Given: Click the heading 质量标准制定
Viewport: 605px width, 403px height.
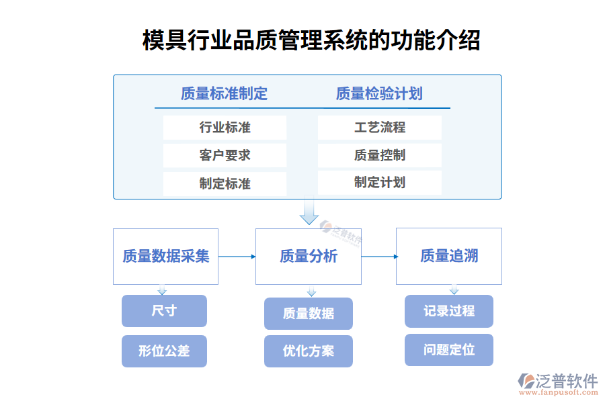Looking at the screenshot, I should pos(224,94).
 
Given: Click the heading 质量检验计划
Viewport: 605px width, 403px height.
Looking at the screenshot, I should pos(379,94).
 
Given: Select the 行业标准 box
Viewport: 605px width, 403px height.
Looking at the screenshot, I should pos(225,128).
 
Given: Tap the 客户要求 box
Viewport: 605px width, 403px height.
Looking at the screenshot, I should pos(225,155).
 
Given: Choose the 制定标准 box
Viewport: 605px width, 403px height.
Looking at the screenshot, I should pos(225,183).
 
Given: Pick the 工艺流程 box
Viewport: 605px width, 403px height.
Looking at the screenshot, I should pos(380,128).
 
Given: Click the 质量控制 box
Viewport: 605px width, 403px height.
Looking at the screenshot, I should pos(380,155).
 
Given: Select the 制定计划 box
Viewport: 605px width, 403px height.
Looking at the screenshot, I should pos(380,183).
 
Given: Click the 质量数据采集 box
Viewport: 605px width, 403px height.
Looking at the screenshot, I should pos(166,256).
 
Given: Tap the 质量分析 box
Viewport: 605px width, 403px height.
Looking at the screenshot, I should pos(309,256).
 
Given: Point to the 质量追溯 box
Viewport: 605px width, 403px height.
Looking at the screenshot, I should pos(449,256).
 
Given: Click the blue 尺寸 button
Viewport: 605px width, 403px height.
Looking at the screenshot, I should pos(164,311).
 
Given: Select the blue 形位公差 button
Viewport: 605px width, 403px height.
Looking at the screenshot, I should pos(164,351).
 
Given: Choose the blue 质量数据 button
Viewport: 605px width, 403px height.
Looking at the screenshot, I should pos(309,314).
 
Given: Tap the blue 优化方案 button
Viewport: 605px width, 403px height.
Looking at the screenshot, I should pos(309,351).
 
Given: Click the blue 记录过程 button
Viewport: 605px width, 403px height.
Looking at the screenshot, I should pos(449,311).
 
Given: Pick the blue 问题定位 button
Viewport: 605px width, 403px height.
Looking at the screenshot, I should pos(449,350).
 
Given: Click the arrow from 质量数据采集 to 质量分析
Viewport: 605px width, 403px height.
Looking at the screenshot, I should pos(237,256).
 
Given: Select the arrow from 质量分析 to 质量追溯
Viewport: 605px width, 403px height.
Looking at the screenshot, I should pos(379,256).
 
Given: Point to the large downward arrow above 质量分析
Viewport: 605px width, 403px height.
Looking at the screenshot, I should pos(309,211).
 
